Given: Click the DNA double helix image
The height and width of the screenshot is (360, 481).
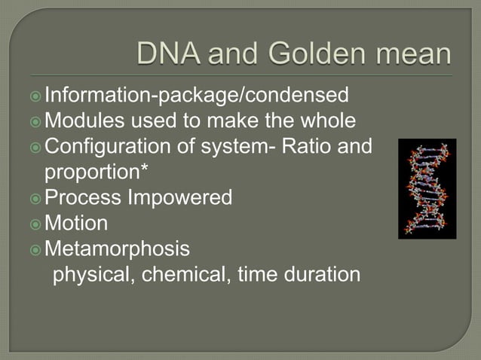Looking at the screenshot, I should tap(427, 188).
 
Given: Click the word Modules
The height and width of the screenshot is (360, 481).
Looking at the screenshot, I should tap(84, 121).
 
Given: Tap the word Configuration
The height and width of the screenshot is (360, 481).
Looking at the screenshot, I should tap(105, 146).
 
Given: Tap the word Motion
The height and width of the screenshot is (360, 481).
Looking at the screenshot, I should tap(76, 224).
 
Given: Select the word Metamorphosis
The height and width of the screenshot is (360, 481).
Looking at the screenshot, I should tap(118, 249).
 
